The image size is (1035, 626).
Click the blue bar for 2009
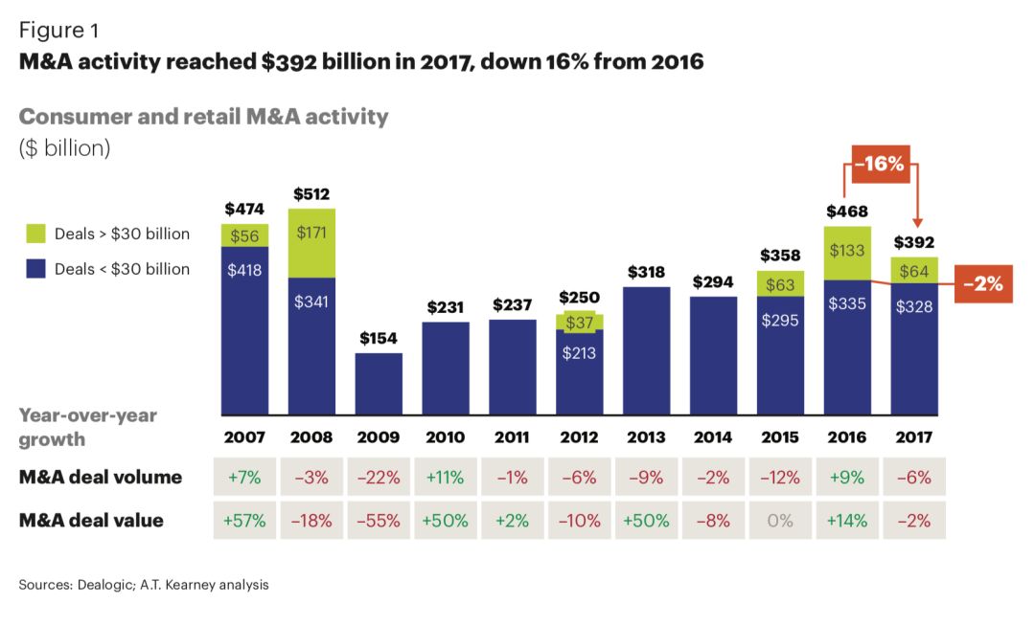[379, 383]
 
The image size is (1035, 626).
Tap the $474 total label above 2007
[244, 209]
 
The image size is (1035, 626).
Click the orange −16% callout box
[880, 164]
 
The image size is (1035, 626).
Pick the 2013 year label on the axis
[646, 437]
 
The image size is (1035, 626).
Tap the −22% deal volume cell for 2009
[379, 477]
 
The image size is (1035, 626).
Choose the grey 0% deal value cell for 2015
[780, 521]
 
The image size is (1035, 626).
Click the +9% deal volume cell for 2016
[847, 477]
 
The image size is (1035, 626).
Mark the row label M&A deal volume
[101, 477]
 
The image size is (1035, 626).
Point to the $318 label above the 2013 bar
[647, 272]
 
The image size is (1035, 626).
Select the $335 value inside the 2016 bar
[847, 304]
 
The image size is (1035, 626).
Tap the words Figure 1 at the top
[58, 31]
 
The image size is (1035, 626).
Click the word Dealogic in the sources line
[102, 584]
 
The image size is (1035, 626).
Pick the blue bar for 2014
[714, 354]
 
